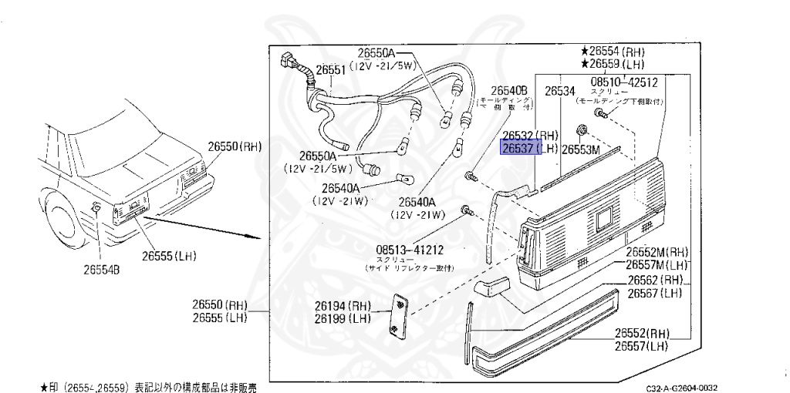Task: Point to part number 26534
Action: click(560, 91)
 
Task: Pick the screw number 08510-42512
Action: click(624, 82)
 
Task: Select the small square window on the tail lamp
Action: click(603, 218)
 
